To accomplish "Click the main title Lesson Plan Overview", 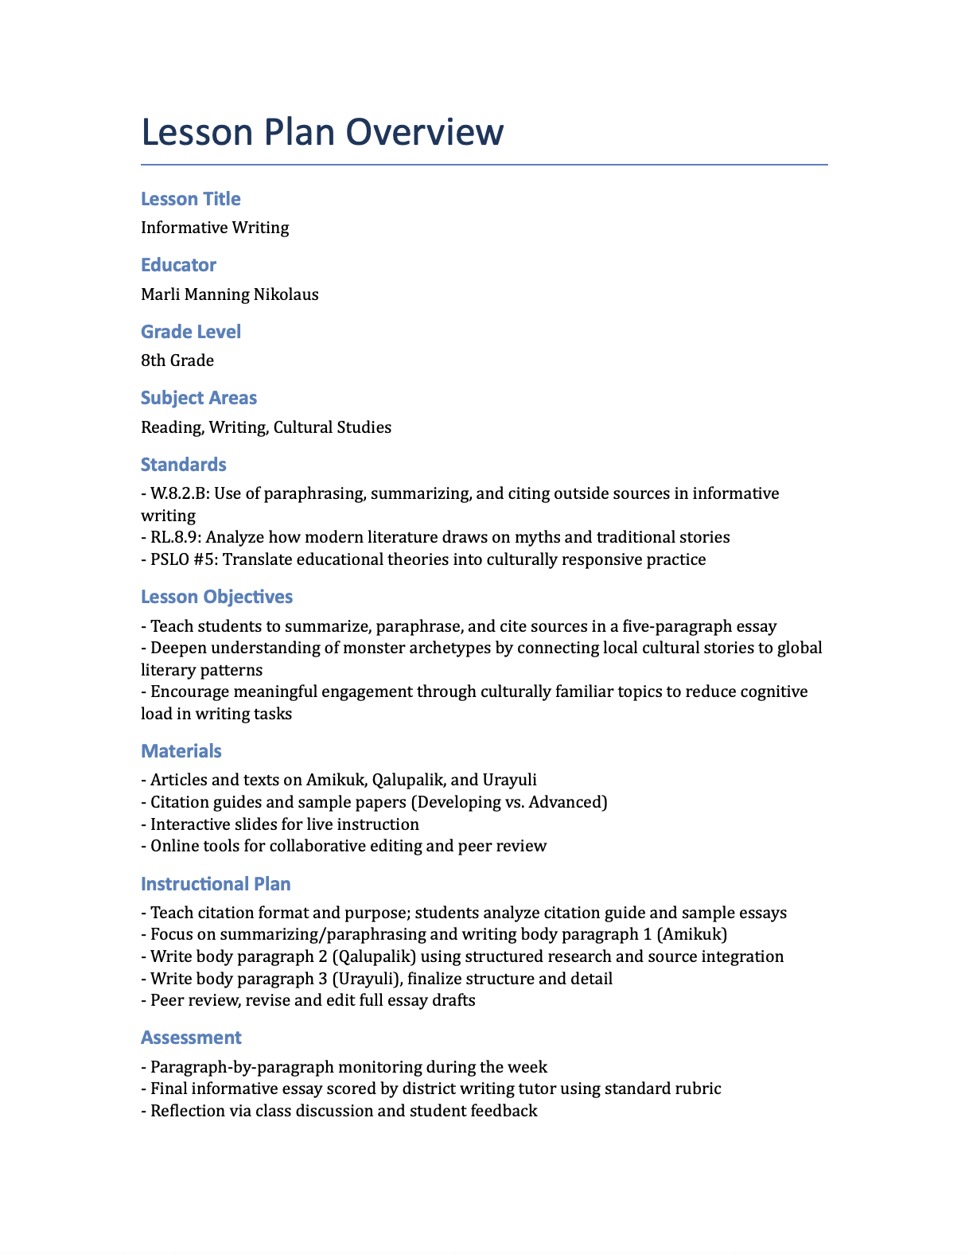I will click(x=322, y=132).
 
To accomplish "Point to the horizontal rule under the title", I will click(x=484, y=165).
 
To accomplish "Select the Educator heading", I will click(x=178, y=265).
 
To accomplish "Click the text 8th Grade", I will click(x=177, y=360).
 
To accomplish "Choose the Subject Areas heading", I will click(x=199, y=398).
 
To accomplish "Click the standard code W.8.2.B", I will click(x=179, y=493).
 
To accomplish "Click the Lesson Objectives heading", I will click(x=216, y=597).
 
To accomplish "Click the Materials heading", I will click(x=181, y=751).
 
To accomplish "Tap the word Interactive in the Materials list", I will click(x=185, y=824).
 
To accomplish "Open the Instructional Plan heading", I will click(x=216, y=884).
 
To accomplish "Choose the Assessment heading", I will click(x=191, y=1038).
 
